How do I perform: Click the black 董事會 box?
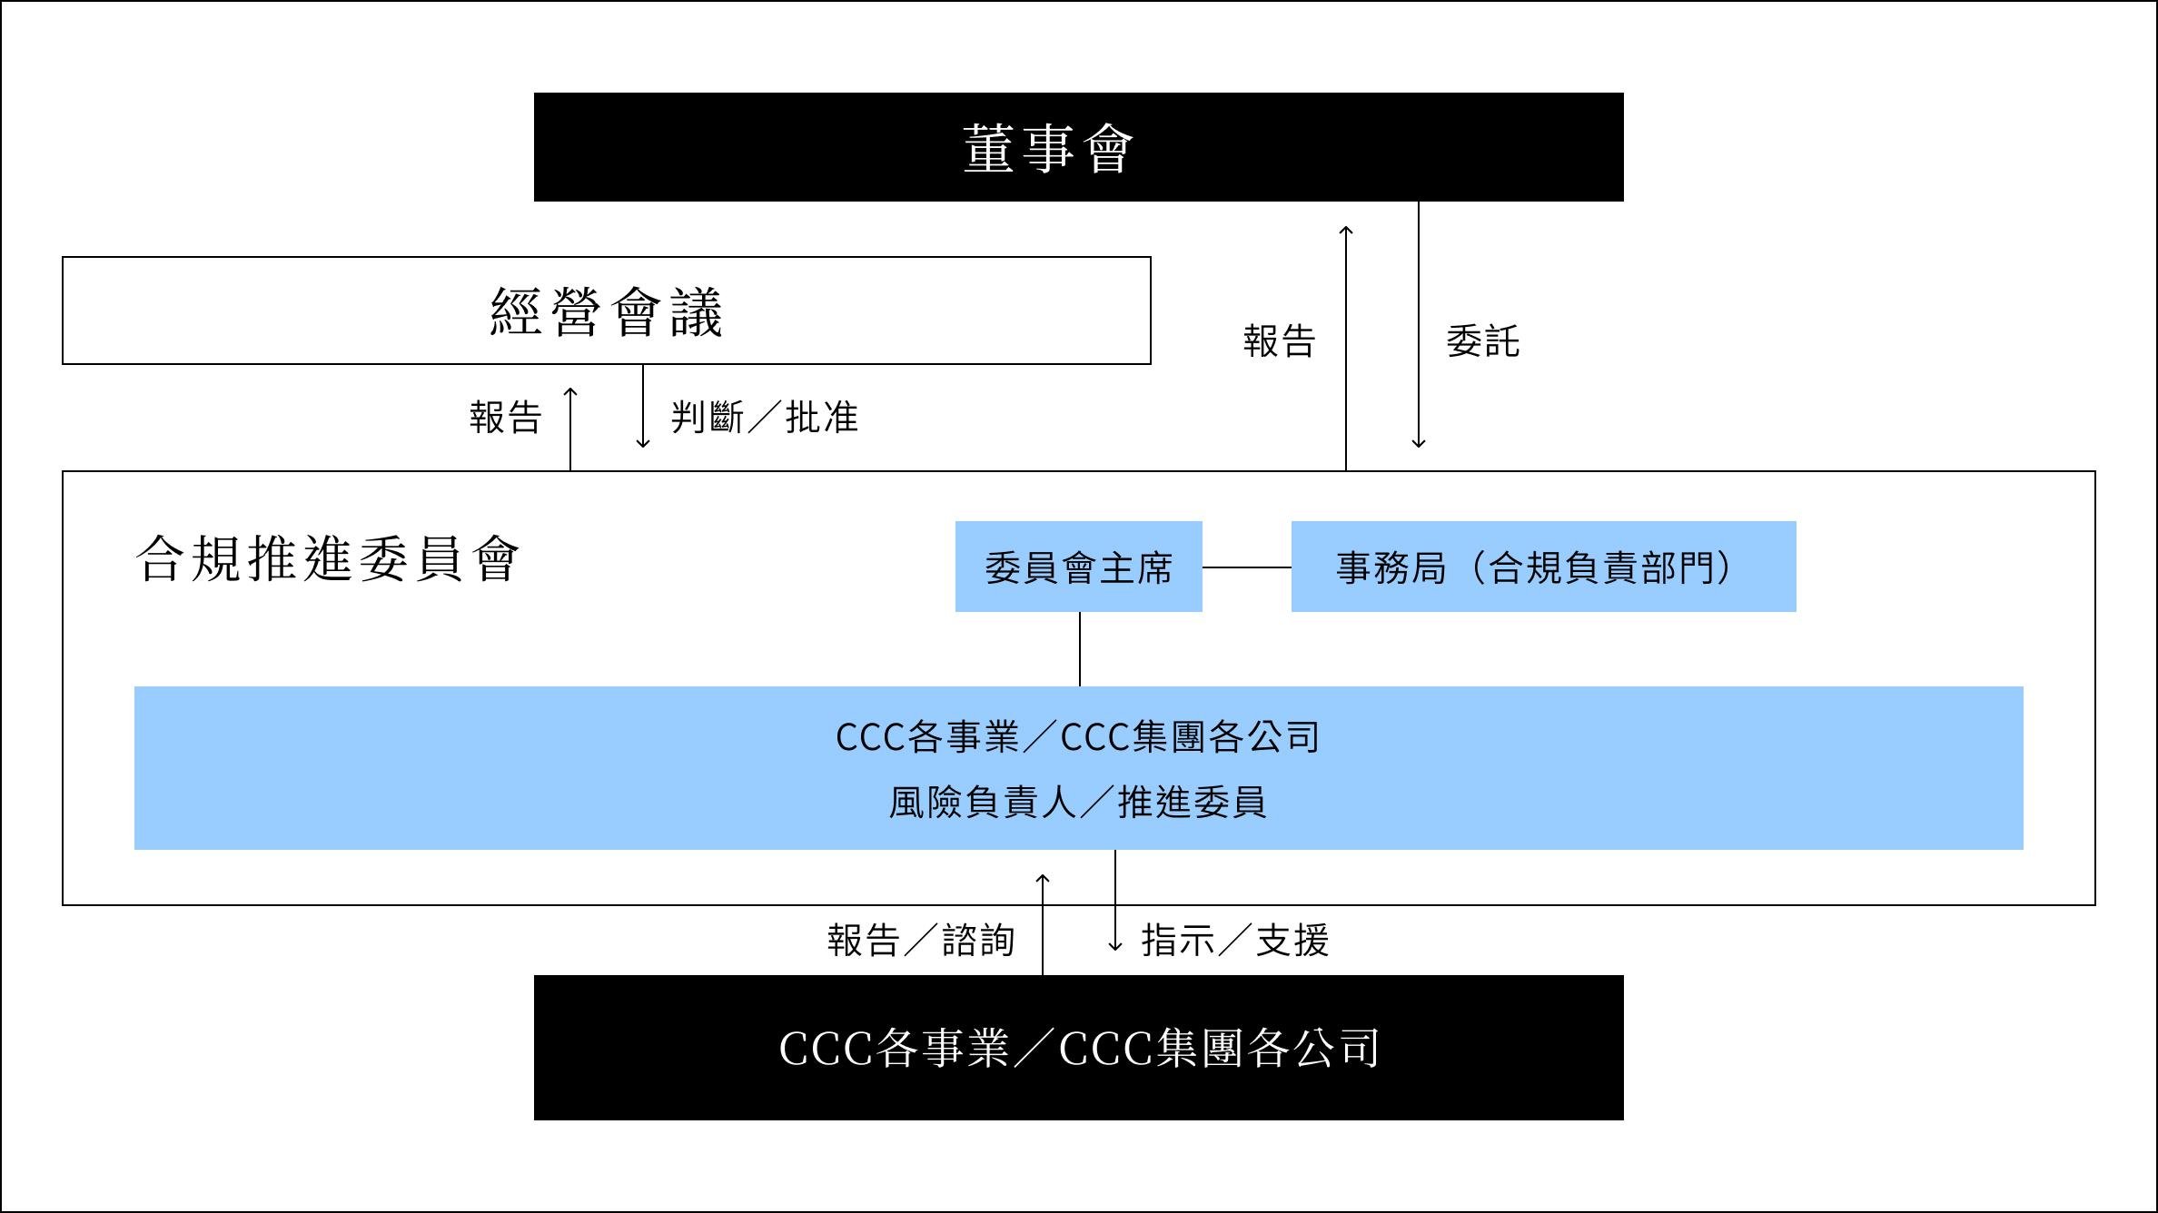pyautogui.click(x=1078, y=147)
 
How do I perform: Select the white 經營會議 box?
pyautogui.click(x=606, y=311)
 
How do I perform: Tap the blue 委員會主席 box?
pyautogui.click(x=1078, y=567)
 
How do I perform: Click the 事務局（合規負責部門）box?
pyautogui.click(x=1543, y=567)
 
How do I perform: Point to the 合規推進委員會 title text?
pyautogui.click(x=327, y=557)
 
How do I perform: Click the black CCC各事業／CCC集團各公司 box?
pyautogui.click(x=1078, y=1048)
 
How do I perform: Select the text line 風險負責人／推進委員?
pyautogui.click(x=1077, y=802)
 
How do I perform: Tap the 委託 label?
pyautogui.click(x=1482, y=341)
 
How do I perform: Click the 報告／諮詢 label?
pyautogui.click(x=921, y=941)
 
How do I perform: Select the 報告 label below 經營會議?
pyautogui.click(x=506, y=418)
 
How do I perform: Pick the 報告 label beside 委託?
pyautogui.click(x=1279, y=341)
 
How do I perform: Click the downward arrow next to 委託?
pyautogui.click(x=1419, y=327)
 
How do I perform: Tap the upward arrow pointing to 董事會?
pyautogui.click(x=1346, y=345)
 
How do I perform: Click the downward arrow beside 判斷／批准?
pyautogui.click(x=643, y=409)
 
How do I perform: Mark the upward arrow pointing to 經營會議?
pyautogui.click(x=570, y=427)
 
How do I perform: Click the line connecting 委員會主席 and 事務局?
pyautogui.click(x=1246, y=567)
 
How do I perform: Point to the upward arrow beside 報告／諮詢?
pyautogui.click(x=1043, y=922)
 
